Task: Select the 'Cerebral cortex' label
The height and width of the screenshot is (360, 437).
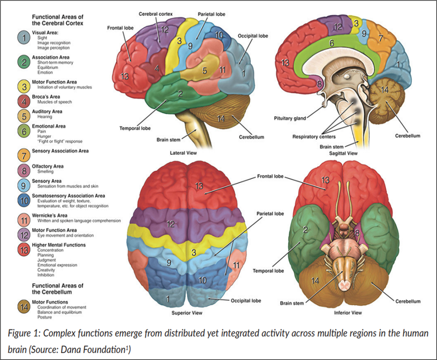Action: [155, 13]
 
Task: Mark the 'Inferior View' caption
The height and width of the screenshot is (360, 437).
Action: [348, 314]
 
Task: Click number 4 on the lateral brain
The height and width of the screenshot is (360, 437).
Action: [157, 69]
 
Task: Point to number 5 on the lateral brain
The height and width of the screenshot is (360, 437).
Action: [204, 70]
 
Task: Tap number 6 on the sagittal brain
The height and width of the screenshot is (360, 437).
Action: [331, 42]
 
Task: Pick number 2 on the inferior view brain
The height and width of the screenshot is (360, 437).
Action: [306, 231]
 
